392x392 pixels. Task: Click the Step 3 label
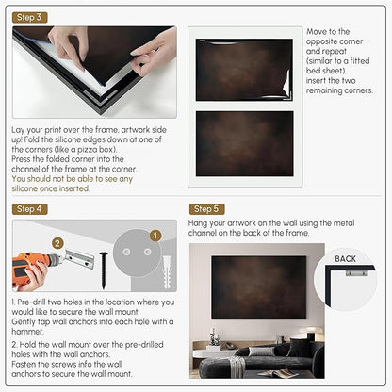coord(30,17)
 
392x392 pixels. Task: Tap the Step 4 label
coord(30,209)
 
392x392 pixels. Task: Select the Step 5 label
coord(206,209)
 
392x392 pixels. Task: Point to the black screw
coord(104,269)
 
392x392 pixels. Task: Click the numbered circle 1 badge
coord(155,236)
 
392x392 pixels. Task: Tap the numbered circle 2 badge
coord(57,243)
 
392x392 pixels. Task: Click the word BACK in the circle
coord(345,259)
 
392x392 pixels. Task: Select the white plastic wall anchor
coord(166,272)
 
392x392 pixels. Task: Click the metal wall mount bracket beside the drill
coord(79,258)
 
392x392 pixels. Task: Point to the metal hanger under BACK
coord(356,272)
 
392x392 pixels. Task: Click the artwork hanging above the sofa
coord(259,287)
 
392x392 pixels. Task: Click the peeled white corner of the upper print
coord(287,84)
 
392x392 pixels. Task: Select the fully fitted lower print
coord(245,143)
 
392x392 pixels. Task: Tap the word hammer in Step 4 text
coord(27,332)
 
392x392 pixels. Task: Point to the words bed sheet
coord(326,71)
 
